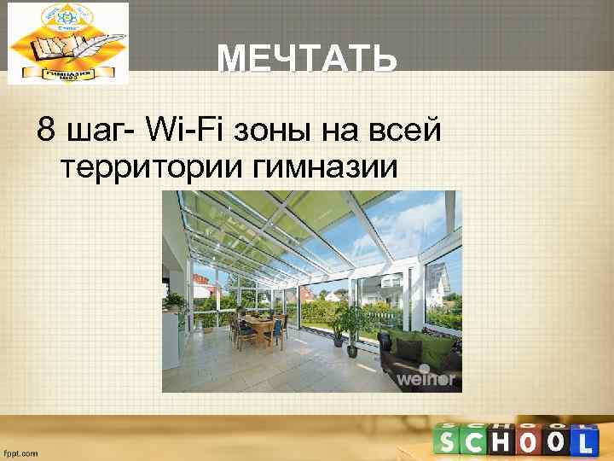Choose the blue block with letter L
coord(583,441)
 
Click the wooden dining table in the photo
coord(260,325)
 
